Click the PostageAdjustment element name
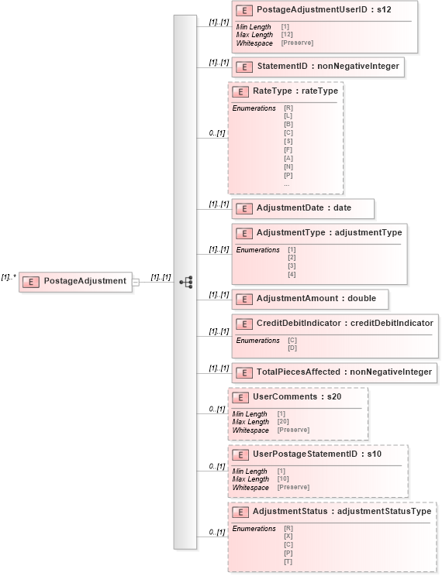pos(85,281)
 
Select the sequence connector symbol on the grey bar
pos(185,282)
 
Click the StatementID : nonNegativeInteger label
pos(328,67)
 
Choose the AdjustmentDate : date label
pos(304,208)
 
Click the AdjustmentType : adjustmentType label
pos(329,232)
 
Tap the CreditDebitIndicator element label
pos(344,322)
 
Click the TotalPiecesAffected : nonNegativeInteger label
pos(344,372)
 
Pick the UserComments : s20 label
pos(296,397)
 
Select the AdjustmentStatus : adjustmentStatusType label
pos(342,512)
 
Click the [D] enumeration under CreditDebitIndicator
pos(292,348)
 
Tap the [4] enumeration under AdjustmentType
pos(292,275)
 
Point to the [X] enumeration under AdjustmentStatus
pos(289,537)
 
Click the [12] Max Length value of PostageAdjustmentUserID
pos(286,35)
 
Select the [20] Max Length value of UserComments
pos(283,422)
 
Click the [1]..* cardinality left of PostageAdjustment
pos(9,277)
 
